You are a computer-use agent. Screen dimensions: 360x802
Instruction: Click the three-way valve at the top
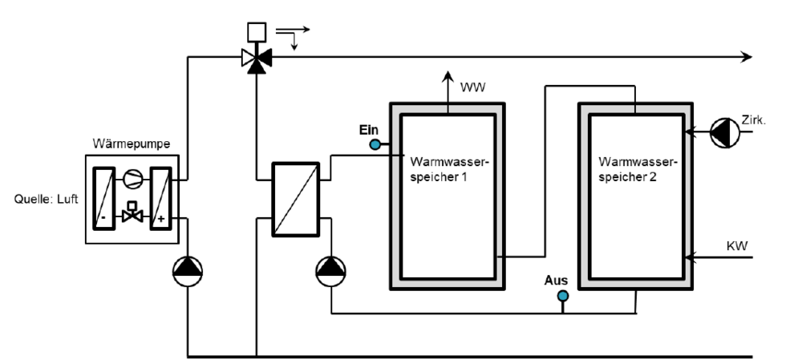pyautogui.click(x=257, y=58)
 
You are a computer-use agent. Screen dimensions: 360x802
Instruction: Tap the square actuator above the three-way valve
pyautogui.click(x=257, y=32)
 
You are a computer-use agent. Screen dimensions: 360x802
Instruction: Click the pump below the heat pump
pyautogui.click(x=188, y=273)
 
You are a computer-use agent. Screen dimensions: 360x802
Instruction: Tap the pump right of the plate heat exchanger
pyautogui.click(x=330, y=273)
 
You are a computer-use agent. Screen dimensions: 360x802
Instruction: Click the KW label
pyautogui.click(x=736, y=245)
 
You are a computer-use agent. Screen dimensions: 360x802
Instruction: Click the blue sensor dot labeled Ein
pyautogui.click(x=374, y=144)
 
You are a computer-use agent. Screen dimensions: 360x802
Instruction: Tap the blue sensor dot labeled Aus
pyautogui.click(x=563, y=296)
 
